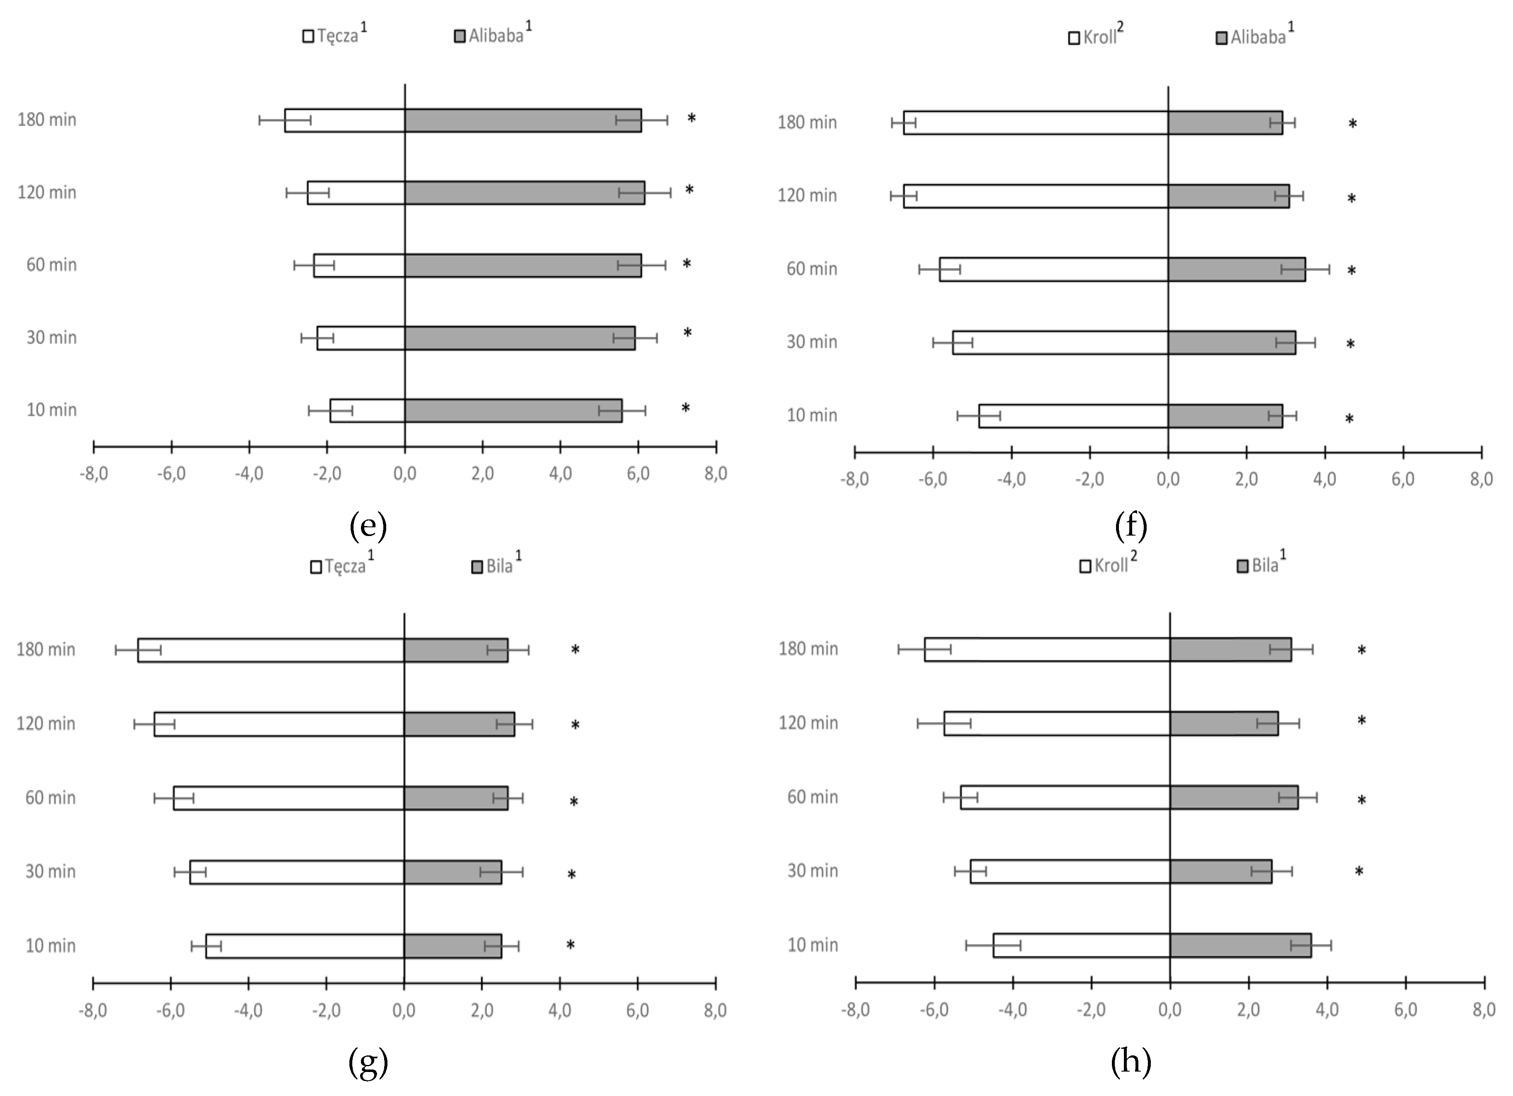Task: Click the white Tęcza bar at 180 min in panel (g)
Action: tap(270, 650)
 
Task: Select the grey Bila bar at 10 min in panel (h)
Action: tap(1239, 945)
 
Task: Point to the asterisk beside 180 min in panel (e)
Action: tap(691, 119)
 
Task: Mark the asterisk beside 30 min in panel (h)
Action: tap(1358, 872)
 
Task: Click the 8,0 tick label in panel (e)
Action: tap(715, 473)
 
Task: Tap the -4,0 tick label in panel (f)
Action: tap(1011, 480)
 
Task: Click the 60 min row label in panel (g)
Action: tap(50, 798)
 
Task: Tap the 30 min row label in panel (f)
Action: tap(811, 342)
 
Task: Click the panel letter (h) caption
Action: tap(1130, 1061)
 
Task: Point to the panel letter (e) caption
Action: tap(368, 526)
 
